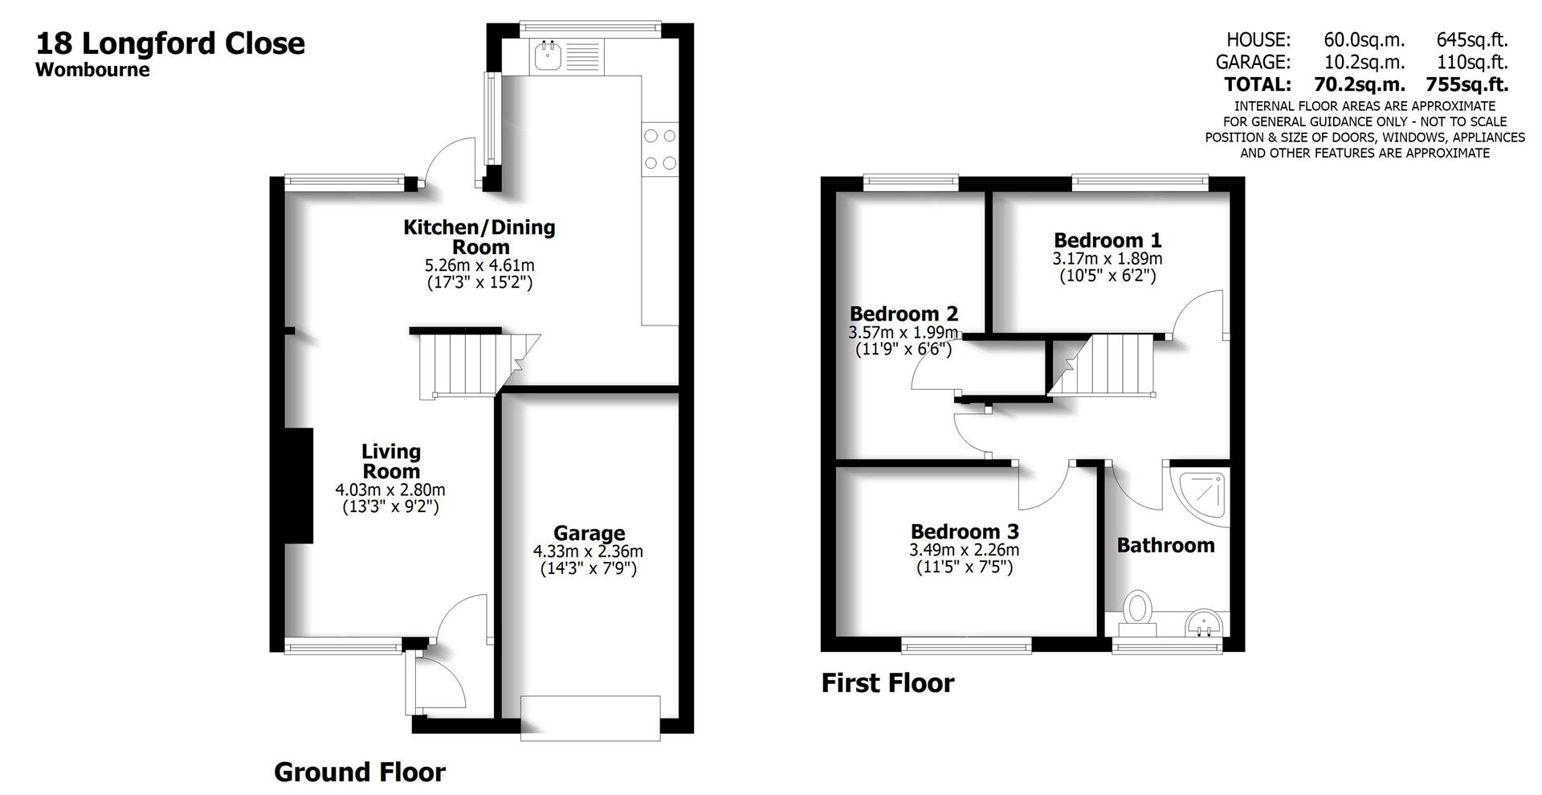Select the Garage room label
(x=589, y=533)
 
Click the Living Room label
(x=390, y=461)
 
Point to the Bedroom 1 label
(x=1108, y=240)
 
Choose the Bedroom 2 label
(x=904, y=313)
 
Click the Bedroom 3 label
(x=965, y=531)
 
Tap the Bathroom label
(x=1165, y=545)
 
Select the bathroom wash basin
(x=1205, y=622)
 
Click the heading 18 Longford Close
(x=170, y=43)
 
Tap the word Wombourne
(x=92, y=69)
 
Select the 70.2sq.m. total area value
(x=1359, y=84)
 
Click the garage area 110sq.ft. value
(x=1471, y=62)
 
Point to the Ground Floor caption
(x=359, y=772)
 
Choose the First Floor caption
(x=887, y=683)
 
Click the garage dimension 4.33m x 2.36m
(x=588, y=551)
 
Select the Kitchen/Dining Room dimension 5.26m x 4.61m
(x=479, y=265)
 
